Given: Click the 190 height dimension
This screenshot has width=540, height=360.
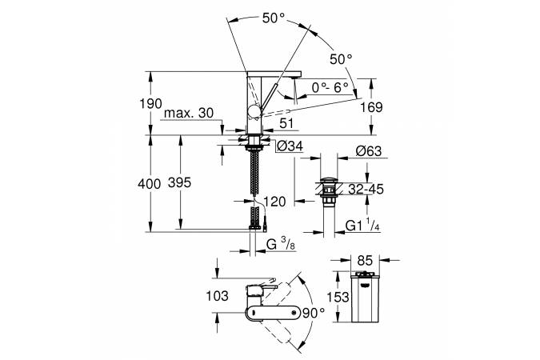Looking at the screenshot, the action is (150, 104).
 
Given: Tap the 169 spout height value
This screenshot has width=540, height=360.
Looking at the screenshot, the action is (371, 107).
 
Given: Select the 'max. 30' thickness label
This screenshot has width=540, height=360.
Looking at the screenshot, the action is (189, 113).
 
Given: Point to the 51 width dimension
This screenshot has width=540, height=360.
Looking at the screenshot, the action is (286, 123).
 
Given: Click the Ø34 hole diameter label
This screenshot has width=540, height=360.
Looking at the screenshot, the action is (290, 146).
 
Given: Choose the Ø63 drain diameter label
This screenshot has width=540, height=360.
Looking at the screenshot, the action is (369, 151).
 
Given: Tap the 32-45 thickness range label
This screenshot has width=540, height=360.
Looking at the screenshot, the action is (366, 189).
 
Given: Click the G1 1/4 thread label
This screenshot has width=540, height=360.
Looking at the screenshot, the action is (362, 225).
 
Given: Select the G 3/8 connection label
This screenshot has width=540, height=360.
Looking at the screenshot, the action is (280, 244).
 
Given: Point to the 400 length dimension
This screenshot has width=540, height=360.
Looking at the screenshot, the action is (149, 184).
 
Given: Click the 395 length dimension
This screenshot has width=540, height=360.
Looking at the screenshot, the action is (179, 182).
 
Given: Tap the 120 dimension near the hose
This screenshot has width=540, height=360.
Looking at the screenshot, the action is (274, 202).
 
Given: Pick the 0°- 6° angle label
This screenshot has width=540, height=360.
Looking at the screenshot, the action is (330, 88).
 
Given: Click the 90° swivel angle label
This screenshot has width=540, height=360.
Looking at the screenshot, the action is (313, 313).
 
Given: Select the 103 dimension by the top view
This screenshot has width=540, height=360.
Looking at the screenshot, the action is (217, 296).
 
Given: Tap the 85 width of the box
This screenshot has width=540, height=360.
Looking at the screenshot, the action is (365, 261).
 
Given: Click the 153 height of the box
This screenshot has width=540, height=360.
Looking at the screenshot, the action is (338, 297).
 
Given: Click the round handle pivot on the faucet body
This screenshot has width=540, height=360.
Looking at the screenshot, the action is (254, 112).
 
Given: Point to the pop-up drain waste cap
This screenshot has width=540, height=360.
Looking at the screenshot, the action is (328, 180).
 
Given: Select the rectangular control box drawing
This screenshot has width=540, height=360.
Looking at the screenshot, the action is (365, 297).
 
